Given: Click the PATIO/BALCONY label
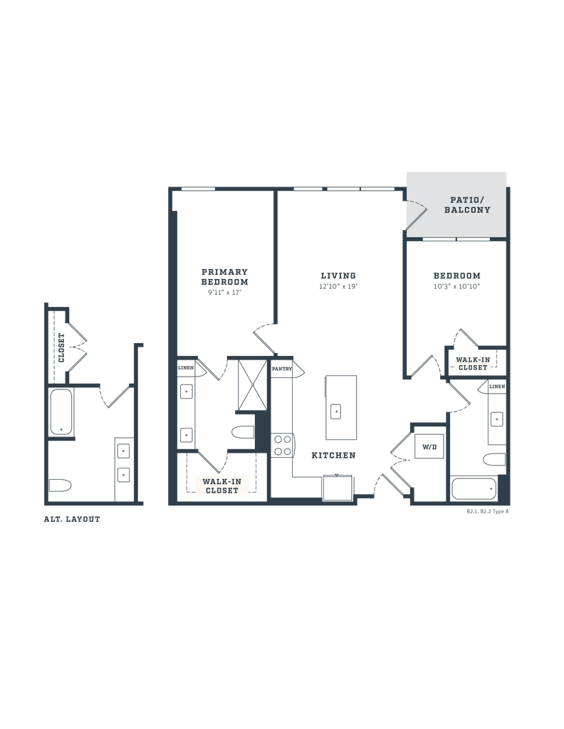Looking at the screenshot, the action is (x=467, y=205).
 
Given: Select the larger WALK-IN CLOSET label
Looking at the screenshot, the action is (x=222, y=486).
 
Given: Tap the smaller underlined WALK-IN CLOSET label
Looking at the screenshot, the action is (x=472, y=364).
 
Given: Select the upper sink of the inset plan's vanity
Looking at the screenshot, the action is (x=124, y=449).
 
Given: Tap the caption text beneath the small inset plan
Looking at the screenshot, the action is (x=72, y=520).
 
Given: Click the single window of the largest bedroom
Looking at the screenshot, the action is (x=199, y=189).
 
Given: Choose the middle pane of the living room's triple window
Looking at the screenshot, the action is (x=343, y=189).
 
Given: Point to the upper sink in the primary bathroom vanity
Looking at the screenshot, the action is (x=187, y=389).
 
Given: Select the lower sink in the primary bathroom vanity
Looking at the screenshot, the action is (x=187, y=432).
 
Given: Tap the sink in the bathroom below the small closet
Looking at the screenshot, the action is (x=496, y=419).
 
